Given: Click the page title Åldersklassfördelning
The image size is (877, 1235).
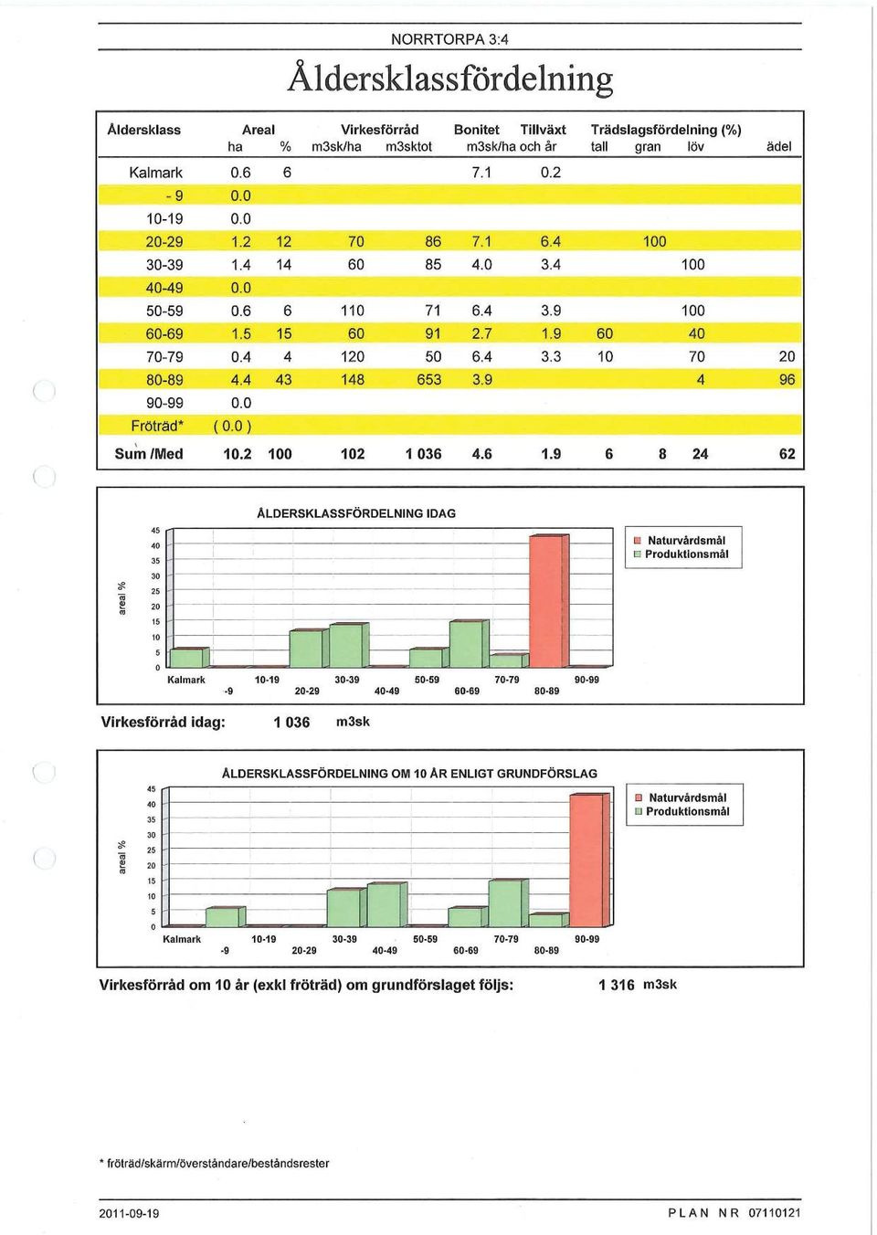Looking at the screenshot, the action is tap(449, 79).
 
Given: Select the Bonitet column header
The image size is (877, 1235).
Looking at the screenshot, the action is tap(476, 130).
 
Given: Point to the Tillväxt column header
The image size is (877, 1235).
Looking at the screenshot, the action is tap(543, 130).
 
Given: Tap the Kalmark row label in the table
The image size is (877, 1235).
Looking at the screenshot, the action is tap(155, 174).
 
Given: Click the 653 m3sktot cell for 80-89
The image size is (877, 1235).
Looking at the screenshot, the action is tap(428, 380).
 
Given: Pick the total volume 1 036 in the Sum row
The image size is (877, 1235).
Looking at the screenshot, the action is tap(423, 454).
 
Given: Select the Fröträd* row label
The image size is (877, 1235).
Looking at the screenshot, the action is tap(156, 427).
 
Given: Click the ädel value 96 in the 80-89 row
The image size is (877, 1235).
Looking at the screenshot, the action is tap(787, 380).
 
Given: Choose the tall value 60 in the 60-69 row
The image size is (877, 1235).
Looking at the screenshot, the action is tap(605, 334).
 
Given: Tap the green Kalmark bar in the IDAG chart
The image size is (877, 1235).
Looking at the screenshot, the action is tap(189, 657).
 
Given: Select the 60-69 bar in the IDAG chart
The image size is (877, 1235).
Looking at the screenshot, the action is tap(469, 643).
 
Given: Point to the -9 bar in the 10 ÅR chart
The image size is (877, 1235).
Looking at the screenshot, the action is tap(226, 916).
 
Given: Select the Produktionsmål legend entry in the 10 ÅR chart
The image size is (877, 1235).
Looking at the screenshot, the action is tap(682, 811).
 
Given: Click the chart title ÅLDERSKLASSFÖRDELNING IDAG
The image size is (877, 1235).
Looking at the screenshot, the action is tap(356, 514).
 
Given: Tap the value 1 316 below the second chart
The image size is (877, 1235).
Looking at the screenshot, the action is tap(617, 986).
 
